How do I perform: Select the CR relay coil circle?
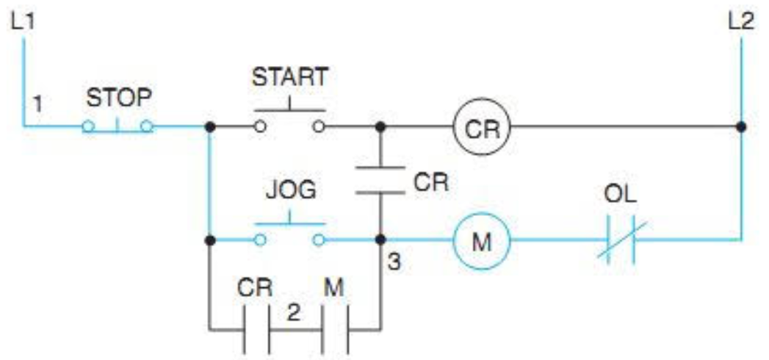point(481,128)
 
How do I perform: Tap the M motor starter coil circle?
point(481,241)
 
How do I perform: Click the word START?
point(289,76)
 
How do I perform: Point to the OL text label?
point(621,197)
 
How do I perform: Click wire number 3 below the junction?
point(394,261)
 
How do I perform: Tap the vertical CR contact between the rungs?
point(380,180)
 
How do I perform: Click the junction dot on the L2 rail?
point(741,127)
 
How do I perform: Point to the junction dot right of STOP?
point(209,127)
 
